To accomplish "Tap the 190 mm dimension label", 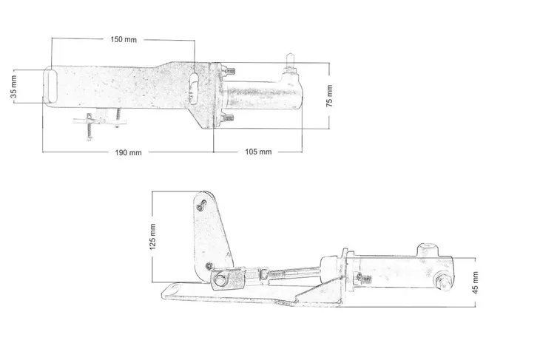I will point(128,152).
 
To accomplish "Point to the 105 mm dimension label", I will point(258,152).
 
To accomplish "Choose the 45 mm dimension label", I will point(476,279).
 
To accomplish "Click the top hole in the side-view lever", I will point(203,201).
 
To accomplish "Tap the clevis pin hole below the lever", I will point(222,279).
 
